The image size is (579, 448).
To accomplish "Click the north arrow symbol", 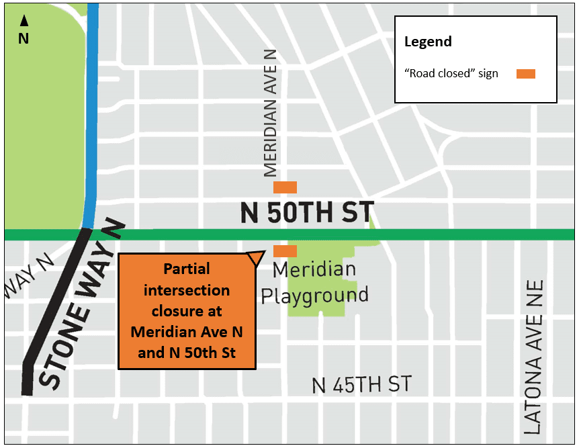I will click(x=23, y=21).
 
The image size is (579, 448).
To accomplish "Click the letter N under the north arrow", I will click(x=23, y=38).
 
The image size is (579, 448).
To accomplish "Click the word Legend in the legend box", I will click(x=428, y=42).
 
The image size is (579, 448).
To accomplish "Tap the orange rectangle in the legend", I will click(x=525, y=74).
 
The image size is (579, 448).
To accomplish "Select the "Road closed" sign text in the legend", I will click(x=451, y=74).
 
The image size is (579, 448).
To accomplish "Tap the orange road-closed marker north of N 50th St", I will click(x=285, y=187).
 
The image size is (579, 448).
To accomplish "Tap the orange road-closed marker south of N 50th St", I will click(x=285, y=251).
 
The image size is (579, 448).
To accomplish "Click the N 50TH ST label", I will click(x=307, y=213).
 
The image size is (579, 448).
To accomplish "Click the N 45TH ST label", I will click(x=362, y=385).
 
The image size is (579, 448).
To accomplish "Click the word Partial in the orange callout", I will click(x=187, y=269).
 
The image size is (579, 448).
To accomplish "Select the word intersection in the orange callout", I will click(x=187, y=291).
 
